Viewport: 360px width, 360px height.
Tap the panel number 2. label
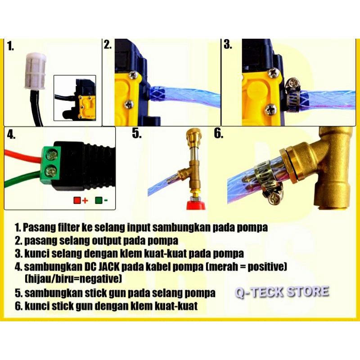point(108,45)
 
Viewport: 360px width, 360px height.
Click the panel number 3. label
point(228,45)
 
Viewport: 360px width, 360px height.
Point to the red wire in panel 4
point(22,158)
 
